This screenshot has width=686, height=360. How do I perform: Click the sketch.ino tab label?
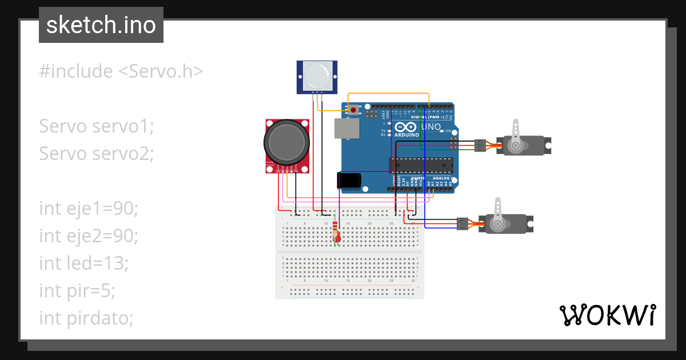101,25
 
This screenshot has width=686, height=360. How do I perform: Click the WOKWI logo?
607,315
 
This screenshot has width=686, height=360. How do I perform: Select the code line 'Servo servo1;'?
97,126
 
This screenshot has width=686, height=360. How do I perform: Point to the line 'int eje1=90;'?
89,209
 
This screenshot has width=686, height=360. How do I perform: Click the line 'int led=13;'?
83,263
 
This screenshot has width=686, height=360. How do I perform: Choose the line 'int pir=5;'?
77,290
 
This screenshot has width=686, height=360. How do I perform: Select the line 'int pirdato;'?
86,318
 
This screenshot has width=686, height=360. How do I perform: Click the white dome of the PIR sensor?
317,74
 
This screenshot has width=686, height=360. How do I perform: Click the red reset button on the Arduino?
354,110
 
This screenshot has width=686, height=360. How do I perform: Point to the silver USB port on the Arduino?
347,129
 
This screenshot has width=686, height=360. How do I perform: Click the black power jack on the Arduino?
349,181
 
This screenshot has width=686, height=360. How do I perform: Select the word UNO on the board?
431,127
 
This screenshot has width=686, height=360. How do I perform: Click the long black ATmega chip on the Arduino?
421,165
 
